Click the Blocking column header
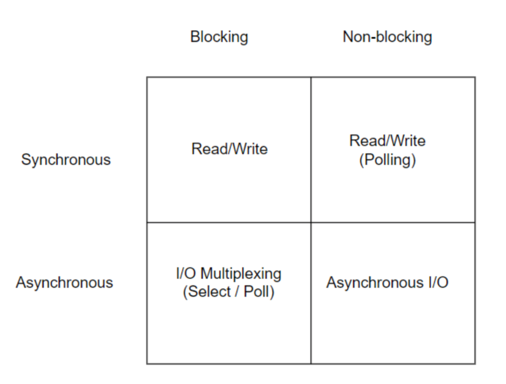(219, 37)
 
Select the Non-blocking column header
(387, 37)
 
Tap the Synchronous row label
(66, 160)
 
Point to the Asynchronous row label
(64, 283)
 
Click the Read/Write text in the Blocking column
(229, 149)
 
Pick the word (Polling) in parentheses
(387, 160)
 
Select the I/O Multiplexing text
(228, 274)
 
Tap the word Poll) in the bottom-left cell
(259, 292)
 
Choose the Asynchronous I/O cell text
(387, 283)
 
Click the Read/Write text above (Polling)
(387, 141)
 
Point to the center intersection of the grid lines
(311, 222)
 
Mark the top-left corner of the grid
(147, 77)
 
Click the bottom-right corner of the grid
(475, 364)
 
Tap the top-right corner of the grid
(475, 77)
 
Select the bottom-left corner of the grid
(147, 364)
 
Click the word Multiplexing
(241, 274)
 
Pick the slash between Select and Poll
(237, 292)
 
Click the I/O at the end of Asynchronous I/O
(439, 283)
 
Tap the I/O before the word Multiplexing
(186, 273)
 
